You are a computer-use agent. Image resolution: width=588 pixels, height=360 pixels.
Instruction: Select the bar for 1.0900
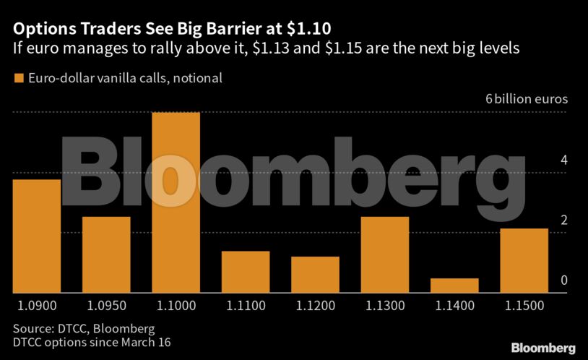tap(36, 236)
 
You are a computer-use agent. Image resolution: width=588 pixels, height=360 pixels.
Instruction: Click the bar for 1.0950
tap(106, 254)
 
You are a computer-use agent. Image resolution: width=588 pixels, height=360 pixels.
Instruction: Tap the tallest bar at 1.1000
tap(176, 202)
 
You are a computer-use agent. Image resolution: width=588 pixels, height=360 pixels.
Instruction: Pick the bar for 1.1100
tap(246, 272)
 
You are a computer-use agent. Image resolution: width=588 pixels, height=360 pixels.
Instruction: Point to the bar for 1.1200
tap(315, 275)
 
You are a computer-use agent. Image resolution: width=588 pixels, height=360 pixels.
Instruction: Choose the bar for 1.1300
tap(385, 254)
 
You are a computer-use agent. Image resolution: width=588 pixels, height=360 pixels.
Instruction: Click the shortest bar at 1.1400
tap(454, 286)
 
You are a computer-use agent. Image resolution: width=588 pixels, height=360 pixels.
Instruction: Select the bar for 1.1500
tap(524, 260)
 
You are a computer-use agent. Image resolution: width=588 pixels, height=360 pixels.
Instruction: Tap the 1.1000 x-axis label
tap(176, 306)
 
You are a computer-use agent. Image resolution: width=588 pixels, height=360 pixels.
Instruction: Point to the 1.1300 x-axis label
tap(385, 306)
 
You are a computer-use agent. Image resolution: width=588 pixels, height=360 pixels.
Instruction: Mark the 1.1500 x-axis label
tap(524, 306)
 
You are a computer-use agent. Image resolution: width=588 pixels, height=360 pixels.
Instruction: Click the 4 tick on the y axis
tap(563, 160)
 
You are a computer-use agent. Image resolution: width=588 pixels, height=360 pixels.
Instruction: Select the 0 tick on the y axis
tap(563, 280)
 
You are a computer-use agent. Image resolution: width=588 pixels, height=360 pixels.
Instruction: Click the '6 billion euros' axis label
tap(527, 99)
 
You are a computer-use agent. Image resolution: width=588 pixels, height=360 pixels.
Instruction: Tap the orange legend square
tap(18, 77)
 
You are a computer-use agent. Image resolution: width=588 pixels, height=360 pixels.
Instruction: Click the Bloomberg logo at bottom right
tap(543, 348)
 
